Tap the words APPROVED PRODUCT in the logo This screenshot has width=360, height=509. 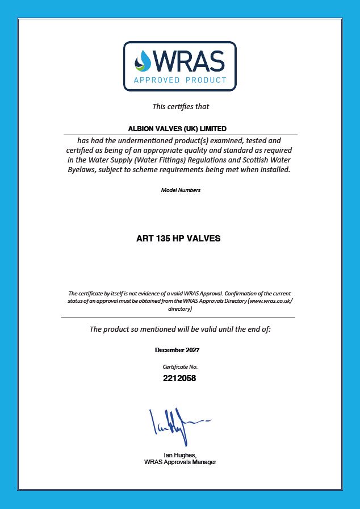180,80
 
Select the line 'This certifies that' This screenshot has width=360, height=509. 181,106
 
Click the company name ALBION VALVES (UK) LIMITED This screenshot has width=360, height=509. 178,129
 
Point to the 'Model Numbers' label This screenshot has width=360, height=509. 181,190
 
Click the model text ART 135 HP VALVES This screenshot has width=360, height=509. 178,239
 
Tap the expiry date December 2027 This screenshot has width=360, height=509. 177,350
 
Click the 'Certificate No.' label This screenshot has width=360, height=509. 180,367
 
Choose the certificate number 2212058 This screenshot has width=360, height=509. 180,378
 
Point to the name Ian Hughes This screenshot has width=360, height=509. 179,455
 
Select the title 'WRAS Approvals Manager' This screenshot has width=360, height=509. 180,462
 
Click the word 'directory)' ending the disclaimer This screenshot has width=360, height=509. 180,309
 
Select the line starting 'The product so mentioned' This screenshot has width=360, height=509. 180,329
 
